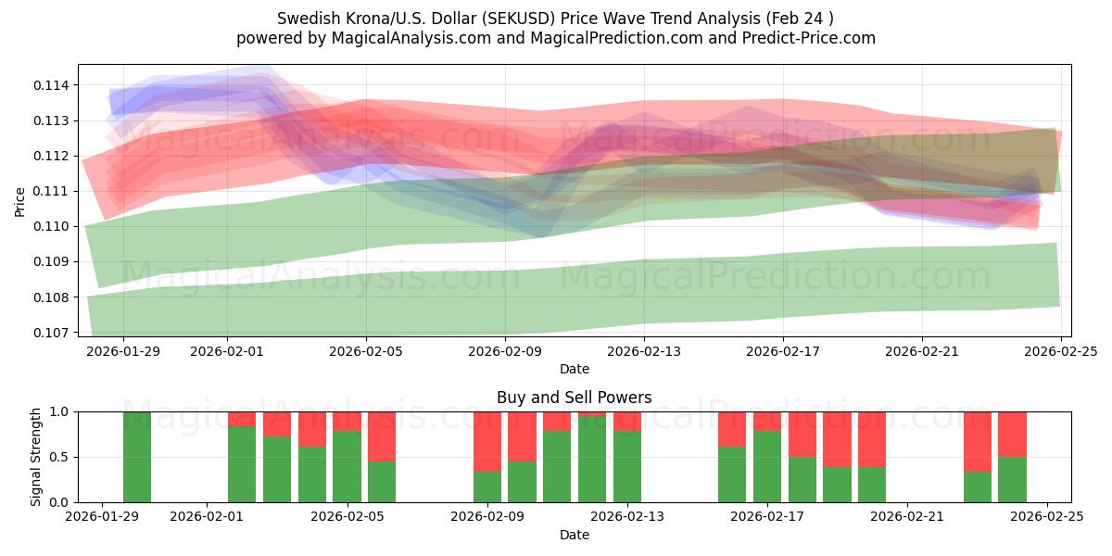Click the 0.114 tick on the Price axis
pyautogui.click(x=54, y=85)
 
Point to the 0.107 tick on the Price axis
pyautogui.click(x=54, y=333)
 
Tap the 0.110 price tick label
pyautogui.click(x=54, y=226)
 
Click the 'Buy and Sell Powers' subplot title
pyautogui.click(x=574, y=398)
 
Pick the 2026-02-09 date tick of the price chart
pyautogui.click(x=505, y=351)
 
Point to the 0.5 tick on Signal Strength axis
pyautogui.click(x=58, y=457)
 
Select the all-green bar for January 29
pyautogui.click(x=137, y=457)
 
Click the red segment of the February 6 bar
pyautogui.click(x=382, y=436)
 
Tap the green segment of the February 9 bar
pyautogui.click(x=487, y=486)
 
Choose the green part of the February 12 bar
pyautogui.click(x=592, y=460)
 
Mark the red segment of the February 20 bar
pyautogui.click(x=872, y=438)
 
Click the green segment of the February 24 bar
pyautogui.click(x=1012, y=479)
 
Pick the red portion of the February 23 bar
pyautogui.click(x=977, y=441)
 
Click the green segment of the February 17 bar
pyautogui.click(x=767, y=466)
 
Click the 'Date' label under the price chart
pyautogui.click(x=574, y=369)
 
